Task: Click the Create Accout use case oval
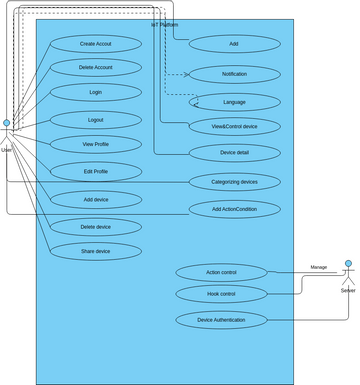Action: [x=96, y=44]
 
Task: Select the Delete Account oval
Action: [x=96, y=67]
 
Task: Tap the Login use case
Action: [x=96, y=92]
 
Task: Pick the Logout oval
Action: [x=96, y=119]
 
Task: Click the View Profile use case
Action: [x=96, y=144]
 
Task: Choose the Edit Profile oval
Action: [x=96, y=171]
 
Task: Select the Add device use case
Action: [x=96, y=199]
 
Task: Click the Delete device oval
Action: [x=96, y=227]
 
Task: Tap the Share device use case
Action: [x=96, y=251]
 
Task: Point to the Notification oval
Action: [x=235, y=74]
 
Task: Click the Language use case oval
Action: [x=235, y=101]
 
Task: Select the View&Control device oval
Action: [x=235, y=127]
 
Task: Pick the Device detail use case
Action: [x=235, y=153]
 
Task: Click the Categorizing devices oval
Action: [x=235, y=181]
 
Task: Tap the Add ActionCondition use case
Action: [x=235, y=210]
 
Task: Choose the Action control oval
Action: [x=221, y=272]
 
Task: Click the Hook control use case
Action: [x=221, y=294]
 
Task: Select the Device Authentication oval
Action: [x=221, y=320]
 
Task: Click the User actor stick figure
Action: [x=7, y=134]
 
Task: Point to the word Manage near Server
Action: [x=318, y=267]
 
